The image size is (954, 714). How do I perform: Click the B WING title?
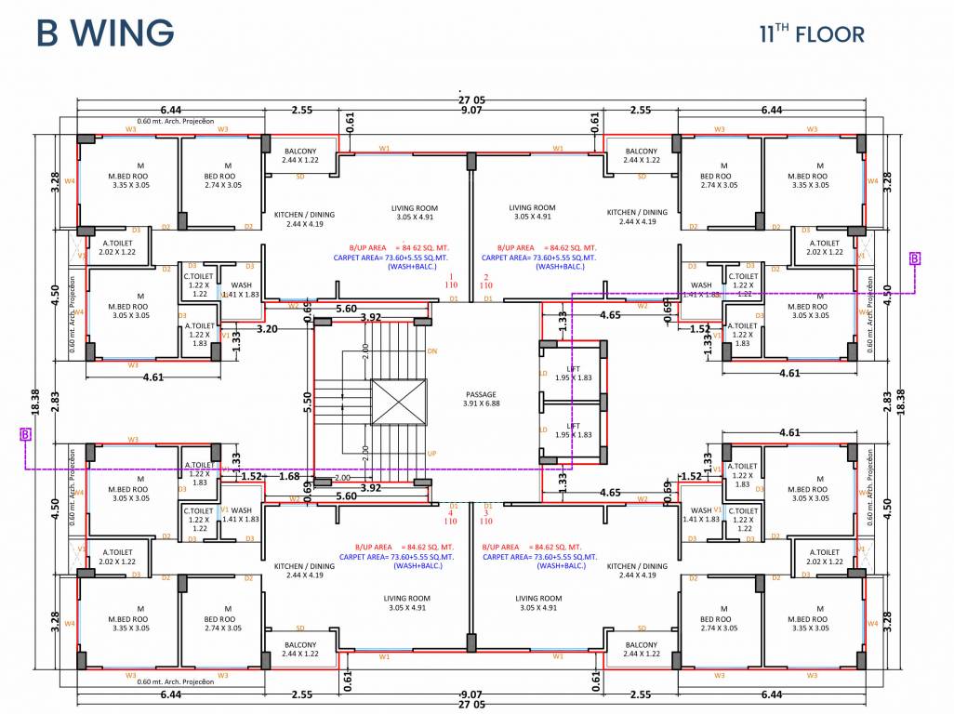point(105,33)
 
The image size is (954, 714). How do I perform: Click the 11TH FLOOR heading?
point(812,34)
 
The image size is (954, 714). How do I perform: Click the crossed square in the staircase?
point(398,403)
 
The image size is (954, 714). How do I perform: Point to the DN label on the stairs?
point(431,351)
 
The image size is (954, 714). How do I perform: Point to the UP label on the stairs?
point(431,453)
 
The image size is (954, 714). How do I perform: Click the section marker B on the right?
point(915,258)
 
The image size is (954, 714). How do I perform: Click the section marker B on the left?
point(25,434)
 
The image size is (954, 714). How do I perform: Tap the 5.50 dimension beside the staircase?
point(308,402)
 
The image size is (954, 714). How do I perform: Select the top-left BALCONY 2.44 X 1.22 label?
point(299,155)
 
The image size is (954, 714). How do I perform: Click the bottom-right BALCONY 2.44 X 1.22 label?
point(642,650)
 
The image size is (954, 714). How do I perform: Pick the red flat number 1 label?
point(453,277)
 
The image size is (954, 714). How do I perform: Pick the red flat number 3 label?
point(484,512)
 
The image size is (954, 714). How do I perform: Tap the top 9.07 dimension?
point(471,111)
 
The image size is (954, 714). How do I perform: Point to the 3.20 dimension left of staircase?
point(267,328)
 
